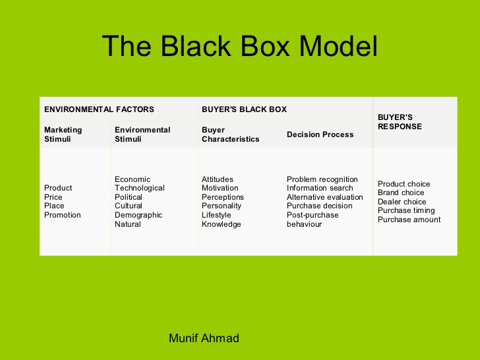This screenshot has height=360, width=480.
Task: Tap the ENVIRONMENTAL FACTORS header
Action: pyautogui.click(x=99, y=109)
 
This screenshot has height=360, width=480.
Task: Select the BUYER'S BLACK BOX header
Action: pyautogui.click(x=244, y=109)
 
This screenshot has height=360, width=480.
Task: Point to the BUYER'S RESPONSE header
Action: pyautogui.click(x=400, y=122)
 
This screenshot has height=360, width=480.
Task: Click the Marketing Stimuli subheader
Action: pyautogui.click(x=63, y=135)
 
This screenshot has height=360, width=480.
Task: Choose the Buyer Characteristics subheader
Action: pyautogui.click(x=230, y=135)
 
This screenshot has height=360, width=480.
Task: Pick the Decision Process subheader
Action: pyautogui.click(x=320, y=135)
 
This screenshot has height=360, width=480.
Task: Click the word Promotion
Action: pyautogui.click(x=63, y=215)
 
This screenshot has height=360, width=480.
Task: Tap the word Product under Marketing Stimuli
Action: pyautogui.click(x=58, y=188)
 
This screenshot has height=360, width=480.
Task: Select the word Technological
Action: pyautogui.click(x=140, y=188)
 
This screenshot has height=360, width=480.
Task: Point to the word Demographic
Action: pyautogui.click(x=138, y=215)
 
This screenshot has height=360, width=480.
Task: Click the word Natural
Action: pyautogui.click(x=128, y=224)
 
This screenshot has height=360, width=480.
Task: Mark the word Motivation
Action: pyautogui.click(x=220, y=188)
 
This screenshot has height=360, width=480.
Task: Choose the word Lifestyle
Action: pyautogui.click(x=216, y=215)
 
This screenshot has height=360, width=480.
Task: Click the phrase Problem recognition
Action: pyautogui.click(x=322, y=179)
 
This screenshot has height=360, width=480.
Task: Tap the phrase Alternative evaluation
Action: pyautogui.click(x=325, y=197)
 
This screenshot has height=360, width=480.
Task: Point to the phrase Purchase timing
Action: pyautogui.click(x=406, y=210)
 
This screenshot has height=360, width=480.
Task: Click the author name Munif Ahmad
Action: pyautogui.click(x=204, y=338)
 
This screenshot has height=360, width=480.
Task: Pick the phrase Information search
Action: pyautogui.click(x=320, y=188)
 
